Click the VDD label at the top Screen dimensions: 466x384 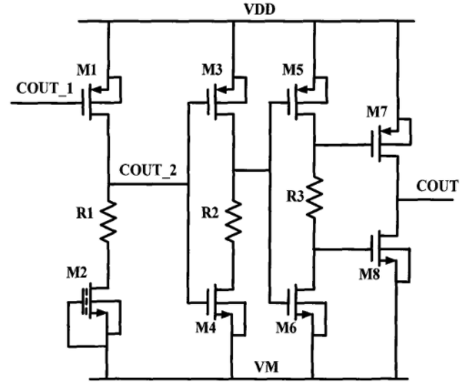[x=260, y=9]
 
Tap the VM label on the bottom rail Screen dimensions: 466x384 [x=267, y=367]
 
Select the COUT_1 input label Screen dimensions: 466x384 [x=45, y=88]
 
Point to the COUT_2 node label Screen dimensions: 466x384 [x=147, y=170]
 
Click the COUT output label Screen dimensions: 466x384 [x=437, y=186]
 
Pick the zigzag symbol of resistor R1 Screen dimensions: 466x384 [x=108, y=221]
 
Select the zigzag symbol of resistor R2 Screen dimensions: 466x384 [x=234, y=220]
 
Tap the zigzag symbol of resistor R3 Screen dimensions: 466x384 [x=315, y=197]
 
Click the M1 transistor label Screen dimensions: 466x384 [x=86, y=70]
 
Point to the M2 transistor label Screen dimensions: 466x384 [x=76, y=272]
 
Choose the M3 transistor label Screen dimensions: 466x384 [x=212, y=70]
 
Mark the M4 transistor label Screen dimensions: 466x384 [x=206, y=328]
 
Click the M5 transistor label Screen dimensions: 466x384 [x=293, y=70]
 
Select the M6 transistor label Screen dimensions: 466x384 [x=286, y=328]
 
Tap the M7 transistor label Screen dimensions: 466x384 [x=377, y=112]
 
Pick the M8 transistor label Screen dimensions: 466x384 [x=370, y=275]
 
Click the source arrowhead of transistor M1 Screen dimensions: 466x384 [x=96, y=89]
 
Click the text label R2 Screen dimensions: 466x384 [x=210, y=213]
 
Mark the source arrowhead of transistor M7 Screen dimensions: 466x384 [x=386, y=131]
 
